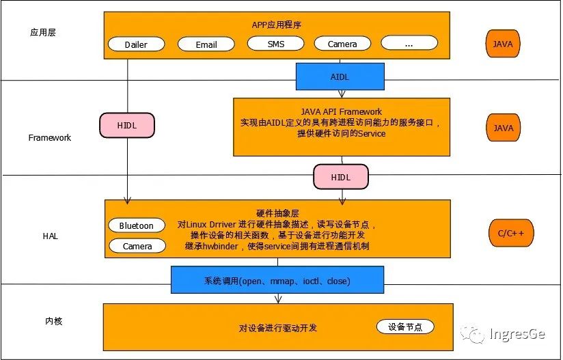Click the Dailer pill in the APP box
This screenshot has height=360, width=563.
pyautogui.click(x=137, y=44)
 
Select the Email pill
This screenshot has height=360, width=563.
pyautogui.click(x=206, y=44)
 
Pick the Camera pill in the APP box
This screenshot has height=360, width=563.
pyautogui.click(x=342, y=44)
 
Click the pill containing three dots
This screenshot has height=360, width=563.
pyautogui.click(x=409, y=44)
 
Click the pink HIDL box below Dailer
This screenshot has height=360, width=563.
pyautogui.click(x=128, y=125)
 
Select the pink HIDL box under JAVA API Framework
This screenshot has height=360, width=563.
pyautogui.click(x=340, y=177)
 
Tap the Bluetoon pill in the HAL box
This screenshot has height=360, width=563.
pyautogui.click(x=137, y=225)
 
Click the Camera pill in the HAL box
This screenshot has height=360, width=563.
pyautogui.click(x=137, y=246)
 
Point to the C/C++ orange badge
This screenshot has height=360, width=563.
pyautogui.click(x=510, y=234)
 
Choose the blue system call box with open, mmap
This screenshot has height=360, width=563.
pyautogui.click(x=277, y=281)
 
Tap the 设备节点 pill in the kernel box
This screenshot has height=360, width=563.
pyautogui.click(x=405, y=327)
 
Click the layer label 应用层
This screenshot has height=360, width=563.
pyautogui.click(x=42, y=32)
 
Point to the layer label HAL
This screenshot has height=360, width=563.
pyautogui.click(x=50, y=236)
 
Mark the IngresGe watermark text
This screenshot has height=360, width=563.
pyautogui.click(x=518, y=334)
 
